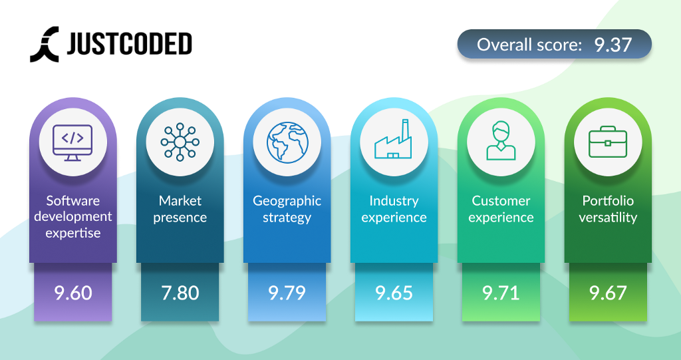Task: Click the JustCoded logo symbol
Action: coord(45,45)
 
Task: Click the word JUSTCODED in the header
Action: coord(130,44)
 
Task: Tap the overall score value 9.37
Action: coord(613,45)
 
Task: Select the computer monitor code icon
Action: coord(72,142)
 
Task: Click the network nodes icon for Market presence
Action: coord(180,142)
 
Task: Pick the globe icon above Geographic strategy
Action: coord(287,142)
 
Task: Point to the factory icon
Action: coord(394,138)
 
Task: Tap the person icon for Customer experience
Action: coord(501,140)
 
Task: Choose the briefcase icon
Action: coord(608,142)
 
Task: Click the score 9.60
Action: coord(73,293)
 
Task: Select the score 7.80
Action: coord(180,293)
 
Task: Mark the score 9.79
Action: coord(287,293)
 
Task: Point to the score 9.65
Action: coord(394,293)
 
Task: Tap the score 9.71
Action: coord(501,293)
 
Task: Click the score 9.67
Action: coord(608,293)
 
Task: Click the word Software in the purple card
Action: coord(73,201)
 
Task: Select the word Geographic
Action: coord(287,202)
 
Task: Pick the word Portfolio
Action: coord(608,201)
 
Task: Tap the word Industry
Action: coord(394,202)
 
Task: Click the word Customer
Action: coord(501,201)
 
